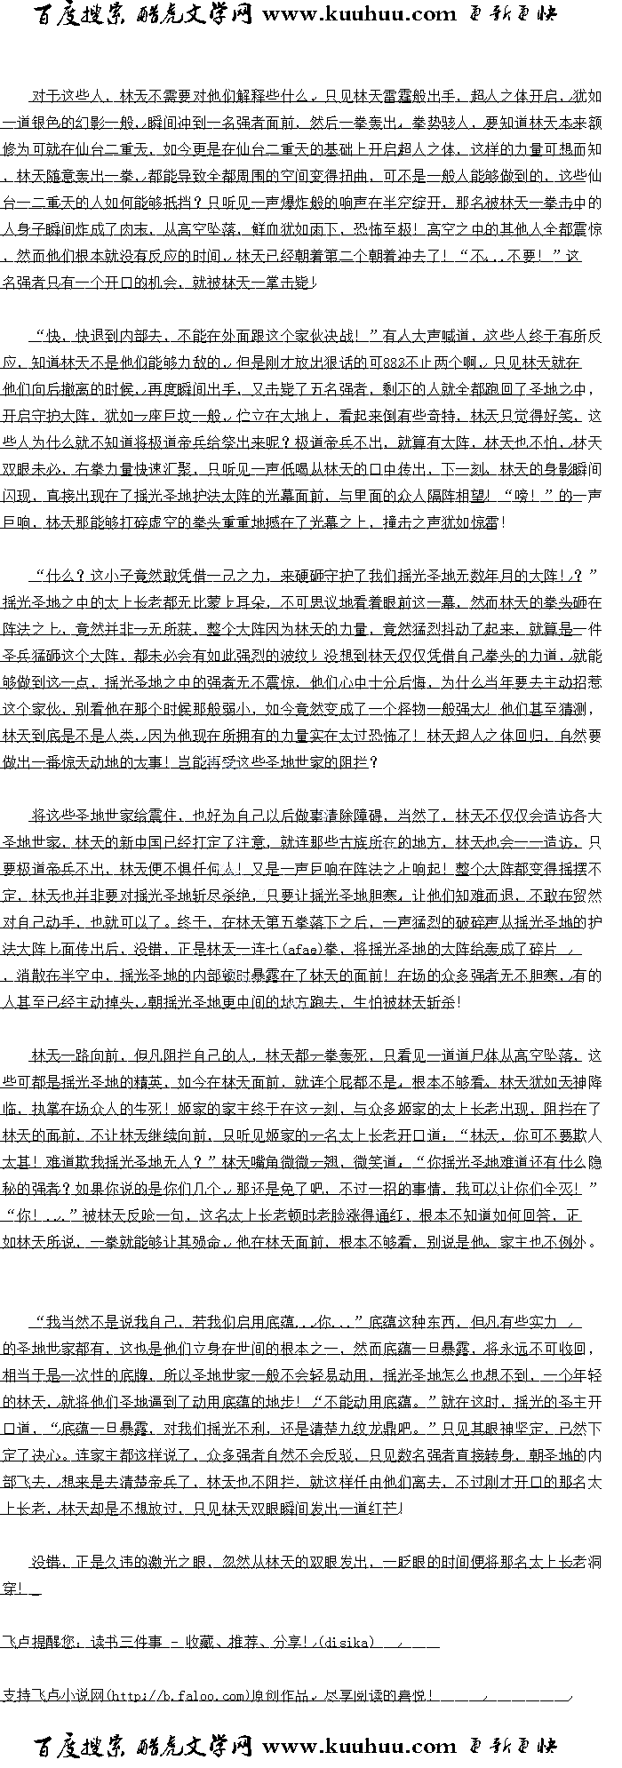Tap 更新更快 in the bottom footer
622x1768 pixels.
click(513, 1746)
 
